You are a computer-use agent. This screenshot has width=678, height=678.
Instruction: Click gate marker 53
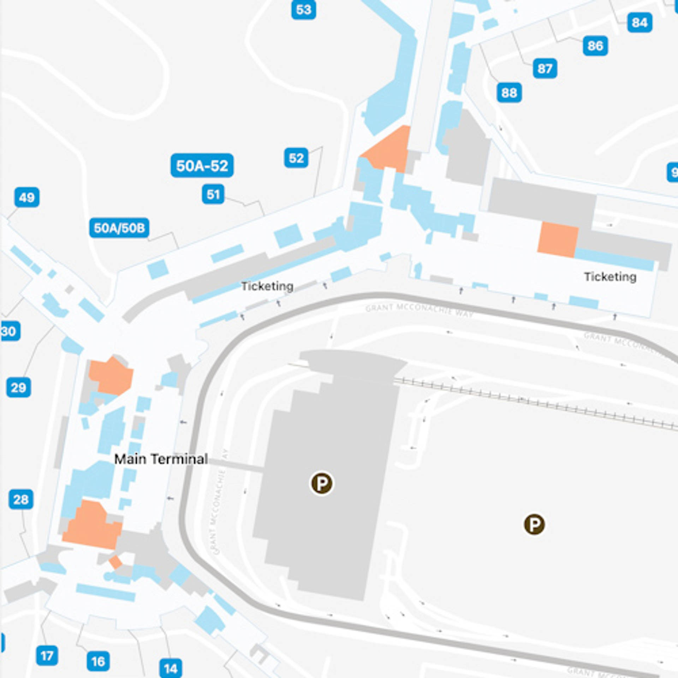point(303,10)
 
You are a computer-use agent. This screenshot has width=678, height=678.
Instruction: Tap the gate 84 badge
point(640,23)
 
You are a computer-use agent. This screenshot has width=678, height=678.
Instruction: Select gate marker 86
point(595,46)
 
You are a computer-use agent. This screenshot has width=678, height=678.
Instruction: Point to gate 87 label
point(545,69)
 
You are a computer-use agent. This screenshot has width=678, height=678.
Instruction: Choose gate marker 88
point(509,93)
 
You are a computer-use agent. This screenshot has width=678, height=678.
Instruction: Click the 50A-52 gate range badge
point(202,166)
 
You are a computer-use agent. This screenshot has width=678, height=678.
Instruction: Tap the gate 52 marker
point(296,158)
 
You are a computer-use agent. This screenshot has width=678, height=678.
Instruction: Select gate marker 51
point(213,194)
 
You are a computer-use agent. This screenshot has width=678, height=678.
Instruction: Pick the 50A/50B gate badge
point(119,228)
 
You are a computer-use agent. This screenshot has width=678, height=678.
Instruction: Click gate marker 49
point(27,197)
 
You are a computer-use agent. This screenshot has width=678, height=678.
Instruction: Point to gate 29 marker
point(18,388)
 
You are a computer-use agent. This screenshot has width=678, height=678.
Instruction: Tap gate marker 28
point(21,499)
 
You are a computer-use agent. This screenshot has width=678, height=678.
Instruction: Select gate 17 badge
point(47,656)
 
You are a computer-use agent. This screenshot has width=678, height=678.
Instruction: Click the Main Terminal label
point(161,459)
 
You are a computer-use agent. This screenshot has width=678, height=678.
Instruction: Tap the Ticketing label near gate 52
point(267,286)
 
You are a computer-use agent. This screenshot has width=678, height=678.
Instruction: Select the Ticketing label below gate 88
point(610,277)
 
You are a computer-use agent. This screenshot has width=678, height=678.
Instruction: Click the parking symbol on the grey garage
point(321,483)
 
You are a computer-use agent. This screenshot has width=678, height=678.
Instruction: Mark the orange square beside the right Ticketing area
point(558,239)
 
